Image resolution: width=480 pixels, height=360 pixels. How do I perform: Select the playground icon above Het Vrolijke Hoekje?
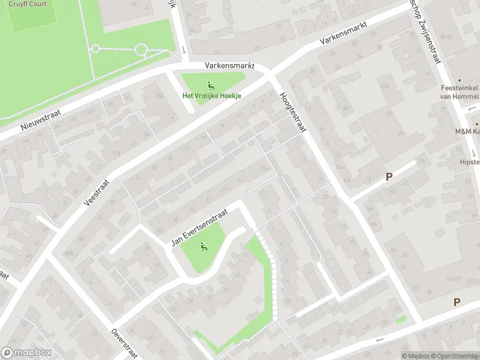(210, 85)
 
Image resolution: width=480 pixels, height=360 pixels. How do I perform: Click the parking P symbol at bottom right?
(457, 302)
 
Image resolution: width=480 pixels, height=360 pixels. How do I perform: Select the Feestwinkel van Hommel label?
(458, 92)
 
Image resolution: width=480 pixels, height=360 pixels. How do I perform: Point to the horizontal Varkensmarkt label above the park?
(230, 65)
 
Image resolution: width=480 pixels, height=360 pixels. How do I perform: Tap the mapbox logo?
(26, 352)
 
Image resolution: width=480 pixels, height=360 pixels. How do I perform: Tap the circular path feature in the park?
(142, 49)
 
